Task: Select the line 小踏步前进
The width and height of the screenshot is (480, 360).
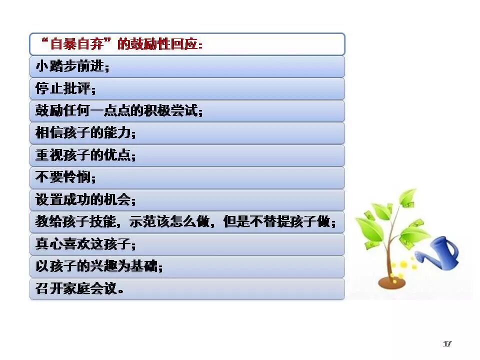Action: point(72,66)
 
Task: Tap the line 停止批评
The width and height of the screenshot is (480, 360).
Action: point(65,88)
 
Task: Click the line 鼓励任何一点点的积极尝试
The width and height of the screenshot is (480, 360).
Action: point(119,110)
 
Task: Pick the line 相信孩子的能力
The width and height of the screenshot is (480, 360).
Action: point(85,133)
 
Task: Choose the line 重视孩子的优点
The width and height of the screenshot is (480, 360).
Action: point(85,155)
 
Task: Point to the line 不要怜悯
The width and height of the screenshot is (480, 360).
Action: point(65,177)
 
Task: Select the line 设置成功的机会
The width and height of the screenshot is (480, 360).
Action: point(85,199)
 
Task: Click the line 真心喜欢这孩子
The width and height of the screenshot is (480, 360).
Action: point(85,244)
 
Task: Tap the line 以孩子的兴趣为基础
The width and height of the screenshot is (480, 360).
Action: point(99,266)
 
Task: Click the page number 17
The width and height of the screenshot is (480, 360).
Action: point(447,344)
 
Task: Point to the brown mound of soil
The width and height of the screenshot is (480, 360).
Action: point(392,282)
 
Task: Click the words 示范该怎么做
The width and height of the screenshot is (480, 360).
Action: point(169,221)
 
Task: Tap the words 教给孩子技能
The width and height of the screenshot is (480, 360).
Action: point(76,221)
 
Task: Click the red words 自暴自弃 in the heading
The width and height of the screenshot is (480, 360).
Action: point(76,44)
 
